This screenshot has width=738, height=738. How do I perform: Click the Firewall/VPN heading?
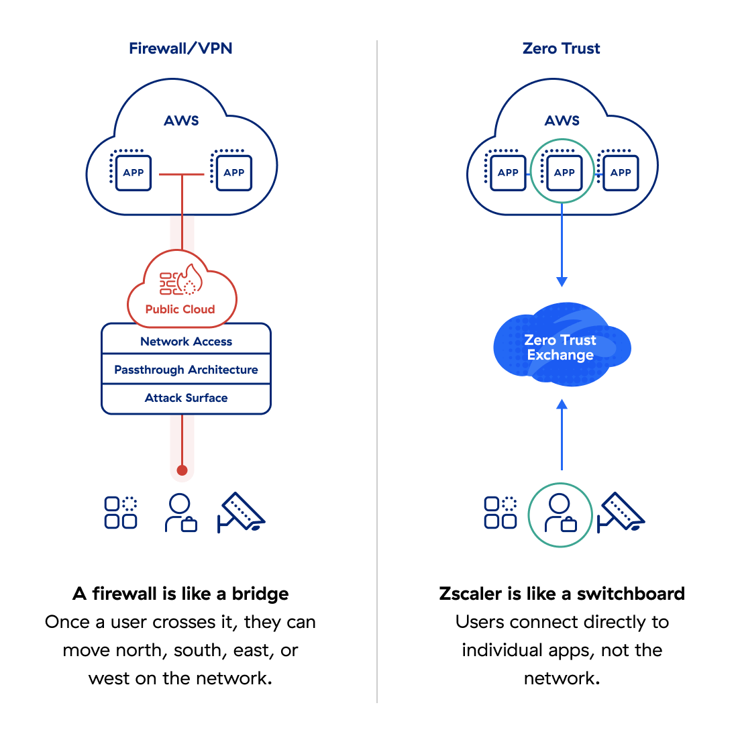180,48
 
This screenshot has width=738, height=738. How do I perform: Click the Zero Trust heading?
561,48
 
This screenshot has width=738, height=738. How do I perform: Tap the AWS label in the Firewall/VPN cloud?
181,121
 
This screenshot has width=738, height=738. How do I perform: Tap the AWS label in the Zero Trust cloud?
562,121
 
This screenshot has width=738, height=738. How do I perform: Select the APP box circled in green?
564,172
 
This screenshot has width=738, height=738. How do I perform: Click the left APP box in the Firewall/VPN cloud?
133,172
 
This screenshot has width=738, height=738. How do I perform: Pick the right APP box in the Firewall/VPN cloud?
233,172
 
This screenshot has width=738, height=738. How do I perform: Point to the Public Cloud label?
180,309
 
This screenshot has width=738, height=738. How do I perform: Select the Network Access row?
186,341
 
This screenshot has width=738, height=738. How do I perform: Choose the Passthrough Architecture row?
186,370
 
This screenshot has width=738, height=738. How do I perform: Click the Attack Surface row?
186,398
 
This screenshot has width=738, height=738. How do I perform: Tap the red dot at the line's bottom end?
182,470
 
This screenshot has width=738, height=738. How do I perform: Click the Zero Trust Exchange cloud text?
560,348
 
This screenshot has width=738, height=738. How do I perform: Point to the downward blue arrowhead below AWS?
562,281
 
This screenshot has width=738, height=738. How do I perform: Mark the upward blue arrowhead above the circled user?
562,405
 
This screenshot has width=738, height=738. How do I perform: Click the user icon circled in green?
560,514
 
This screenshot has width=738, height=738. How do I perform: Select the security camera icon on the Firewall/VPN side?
242,513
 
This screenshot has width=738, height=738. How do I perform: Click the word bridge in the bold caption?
260,594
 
